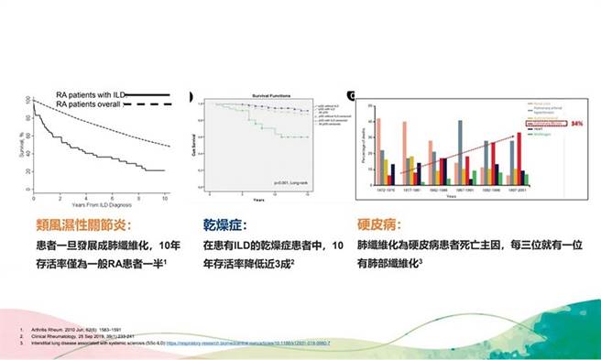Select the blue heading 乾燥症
point(223,224)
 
